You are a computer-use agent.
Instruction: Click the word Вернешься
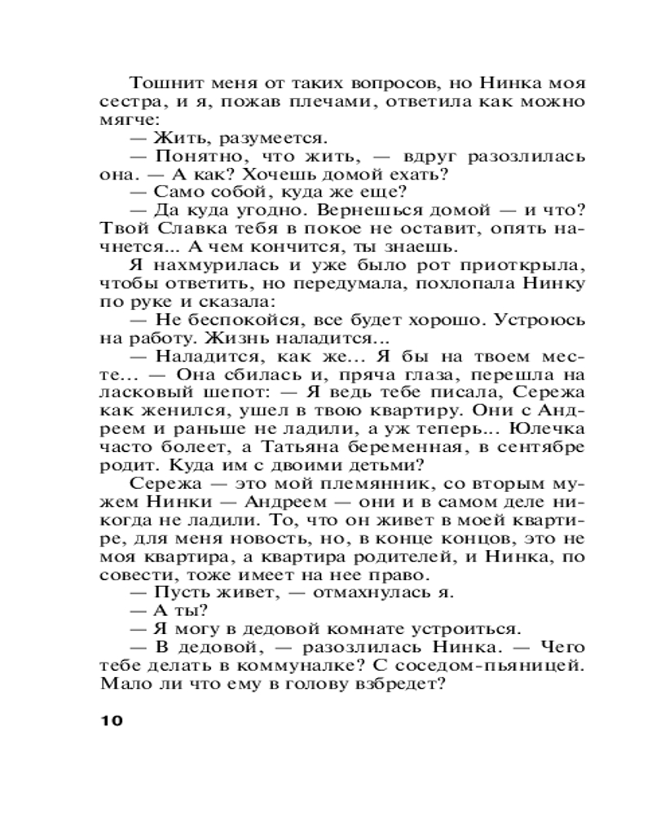pyautogui.click(x=347, y=212)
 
